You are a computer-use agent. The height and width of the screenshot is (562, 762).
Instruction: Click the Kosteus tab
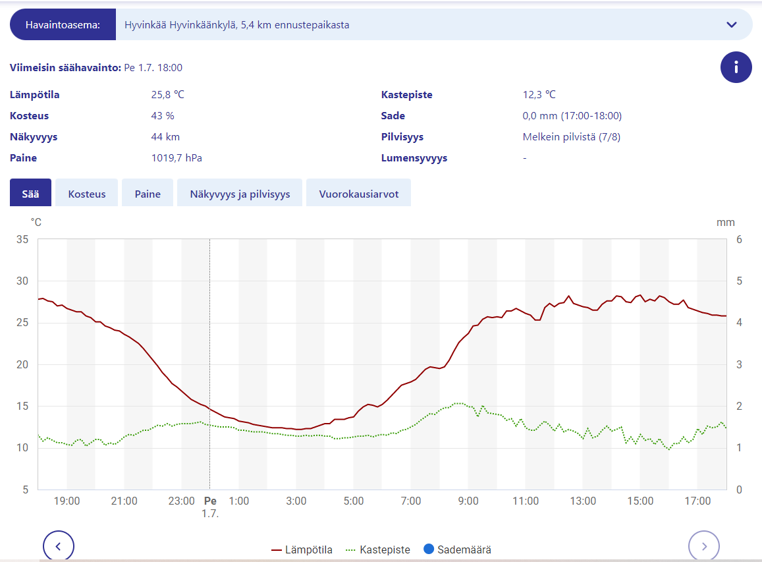pos(86,194)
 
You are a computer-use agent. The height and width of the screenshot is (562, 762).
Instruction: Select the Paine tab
pos(148,194)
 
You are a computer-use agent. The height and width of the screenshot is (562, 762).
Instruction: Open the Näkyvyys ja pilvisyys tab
pos(240,194)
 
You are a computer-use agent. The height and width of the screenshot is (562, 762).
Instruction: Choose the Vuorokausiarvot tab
pos(358,194)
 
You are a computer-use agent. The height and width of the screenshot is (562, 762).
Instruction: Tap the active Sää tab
pos(30,194)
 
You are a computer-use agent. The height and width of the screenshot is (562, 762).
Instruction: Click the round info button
pos(736,67)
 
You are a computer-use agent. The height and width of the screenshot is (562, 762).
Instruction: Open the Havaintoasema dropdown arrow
pos(731,25)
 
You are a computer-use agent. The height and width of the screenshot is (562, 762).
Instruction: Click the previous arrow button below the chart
pos(59,546)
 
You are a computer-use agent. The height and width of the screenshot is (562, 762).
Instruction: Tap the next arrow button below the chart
pos(704,546)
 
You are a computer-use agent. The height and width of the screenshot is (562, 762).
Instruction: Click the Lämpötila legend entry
pos(302,549)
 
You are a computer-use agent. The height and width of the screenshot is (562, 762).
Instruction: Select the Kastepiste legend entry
pos(378,549)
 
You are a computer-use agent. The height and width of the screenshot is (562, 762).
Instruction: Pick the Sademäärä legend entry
pos(458,549)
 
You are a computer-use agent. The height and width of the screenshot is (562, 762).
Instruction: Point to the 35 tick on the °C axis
pos(22,239)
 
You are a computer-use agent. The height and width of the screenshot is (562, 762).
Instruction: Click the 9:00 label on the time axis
pos(468,501)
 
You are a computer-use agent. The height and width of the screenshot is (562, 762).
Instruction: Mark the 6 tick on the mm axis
pos(739,239)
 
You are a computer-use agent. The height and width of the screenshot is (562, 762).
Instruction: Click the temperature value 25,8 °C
pos(168,95)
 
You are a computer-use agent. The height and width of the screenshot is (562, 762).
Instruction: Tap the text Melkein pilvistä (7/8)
pos(572,137)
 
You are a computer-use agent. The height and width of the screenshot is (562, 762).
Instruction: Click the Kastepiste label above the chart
pos(406,95)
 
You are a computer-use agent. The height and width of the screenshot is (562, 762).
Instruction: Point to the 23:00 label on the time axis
pos(182,501)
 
